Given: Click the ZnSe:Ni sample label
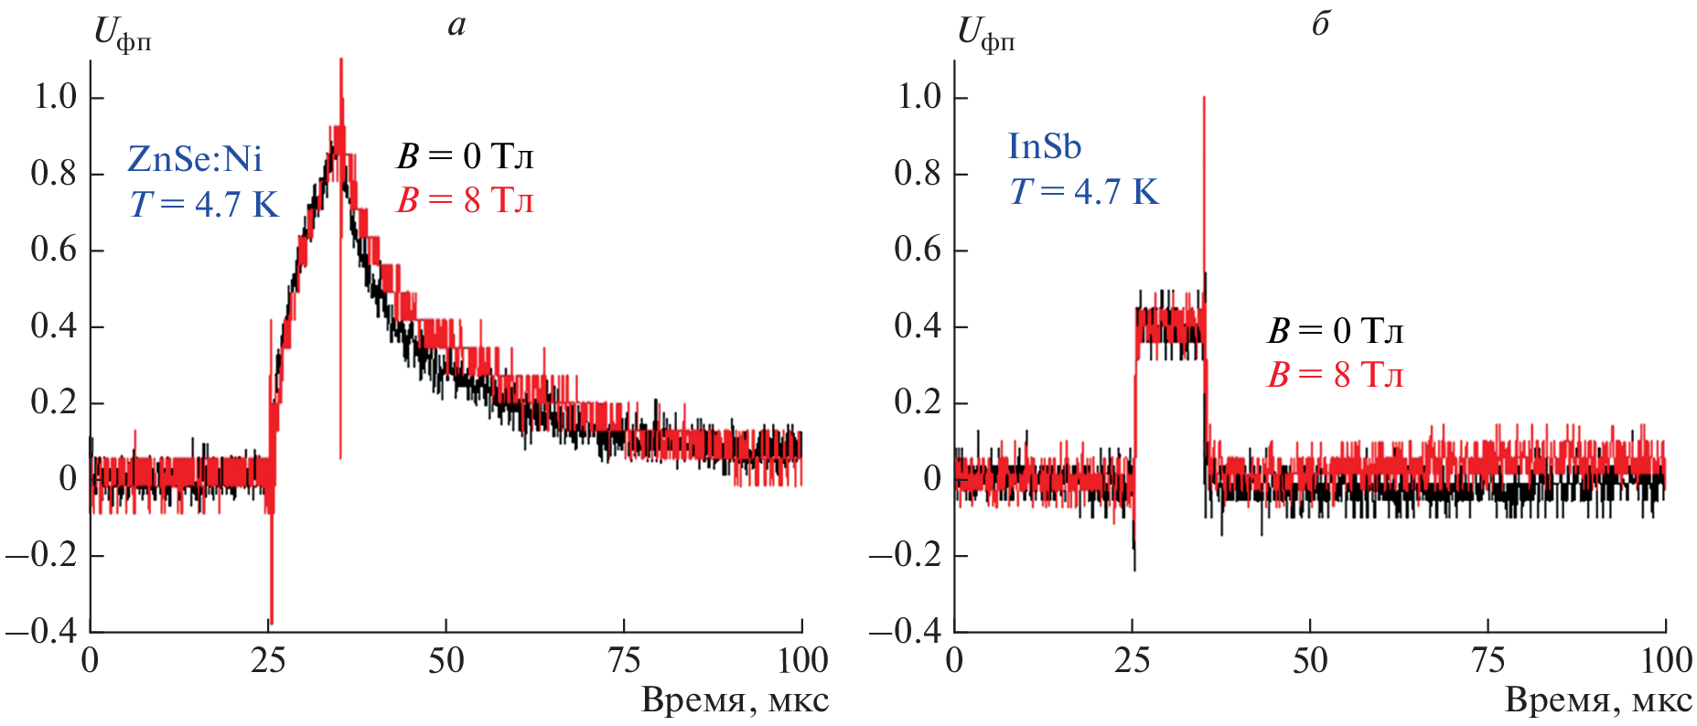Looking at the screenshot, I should [x=195, y=160].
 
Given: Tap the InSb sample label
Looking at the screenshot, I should [x=1044, y=146].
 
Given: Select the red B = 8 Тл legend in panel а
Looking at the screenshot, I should [x=465, y=200].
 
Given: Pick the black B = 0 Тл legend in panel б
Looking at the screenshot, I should [x=1335, y=331].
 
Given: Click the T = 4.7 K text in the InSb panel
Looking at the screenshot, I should [x=1084, y=192].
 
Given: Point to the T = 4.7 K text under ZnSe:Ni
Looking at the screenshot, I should [x=204, y=204].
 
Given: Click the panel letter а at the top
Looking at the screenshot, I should [x=456, y=25].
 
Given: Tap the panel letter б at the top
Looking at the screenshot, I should [x=1320, y=25].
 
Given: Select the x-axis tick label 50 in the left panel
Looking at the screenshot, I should [x=446, y=660].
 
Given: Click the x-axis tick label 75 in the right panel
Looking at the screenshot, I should [x=1488, y=660].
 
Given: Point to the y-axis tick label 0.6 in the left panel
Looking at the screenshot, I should [x=54, y=250].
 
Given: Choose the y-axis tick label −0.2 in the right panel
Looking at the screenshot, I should [x=905, y=555].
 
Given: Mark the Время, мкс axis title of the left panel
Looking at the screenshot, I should [x=735, y=701].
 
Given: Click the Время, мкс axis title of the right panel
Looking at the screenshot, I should [x=1598, y=701].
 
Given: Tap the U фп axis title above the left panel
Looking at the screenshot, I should [x=123, y=36].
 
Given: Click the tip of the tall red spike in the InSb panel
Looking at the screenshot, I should [x=1204, y=98].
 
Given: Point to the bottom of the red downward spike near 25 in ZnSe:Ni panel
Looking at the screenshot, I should [x=272, y=622].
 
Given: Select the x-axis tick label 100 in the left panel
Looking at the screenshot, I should [x=801, y=660].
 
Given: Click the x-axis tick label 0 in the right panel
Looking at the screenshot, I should [x=954, y=660].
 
